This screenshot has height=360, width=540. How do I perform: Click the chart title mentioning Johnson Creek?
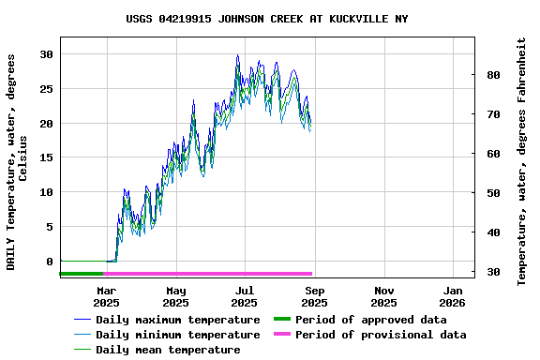[x=267, y=19]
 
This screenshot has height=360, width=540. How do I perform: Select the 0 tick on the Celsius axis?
[x=49, y=262]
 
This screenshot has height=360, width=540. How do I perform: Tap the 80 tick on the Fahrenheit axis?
[x=493, y=75]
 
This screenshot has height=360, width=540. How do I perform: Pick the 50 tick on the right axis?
[x=493, y=193]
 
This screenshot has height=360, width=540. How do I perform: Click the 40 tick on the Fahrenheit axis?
[x=493, y=232]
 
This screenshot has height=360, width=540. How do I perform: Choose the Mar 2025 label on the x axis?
[x=106, y=296]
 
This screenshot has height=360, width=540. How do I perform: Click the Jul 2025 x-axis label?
[x=244, y=296]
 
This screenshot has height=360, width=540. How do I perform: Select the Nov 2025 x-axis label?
[x=383, y=296]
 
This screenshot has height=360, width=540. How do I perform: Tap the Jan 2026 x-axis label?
[x=453, y=296]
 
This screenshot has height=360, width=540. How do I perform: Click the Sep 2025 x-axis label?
[x=314, y=296]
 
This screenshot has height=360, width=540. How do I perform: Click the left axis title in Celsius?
[x=17, y=161]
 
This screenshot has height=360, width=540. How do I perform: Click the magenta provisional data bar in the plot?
[x=206, y=274]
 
